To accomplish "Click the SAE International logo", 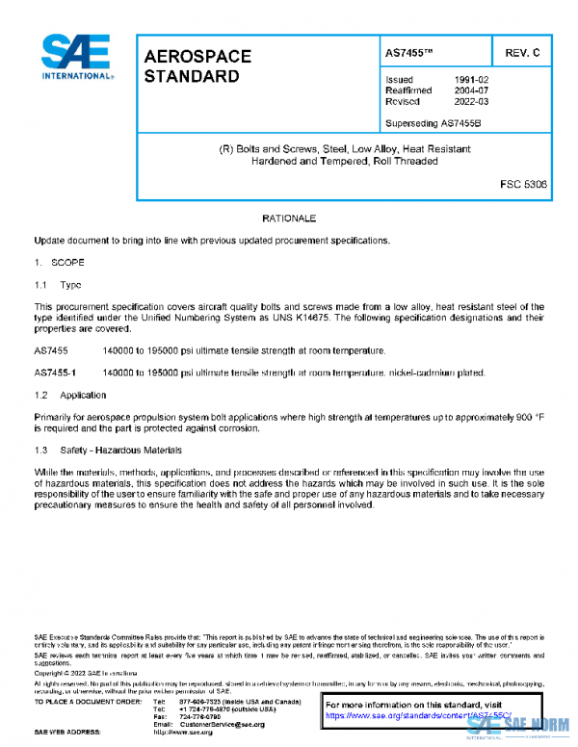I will tap(76, 57).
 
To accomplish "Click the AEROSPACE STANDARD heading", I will tap(197, 65).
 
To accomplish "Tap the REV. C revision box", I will tap(521, 52).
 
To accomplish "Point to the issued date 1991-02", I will tap(473, 79).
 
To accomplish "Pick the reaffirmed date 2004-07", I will tap(473, 90).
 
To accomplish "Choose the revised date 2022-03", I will tap(473, 100).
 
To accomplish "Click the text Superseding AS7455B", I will tap(433, 122).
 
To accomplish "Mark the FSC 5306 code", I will tap(522, 183).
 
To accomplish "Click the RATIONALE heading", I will tap(289, 219).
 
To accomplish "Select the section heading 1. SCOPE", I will tap(60, 262).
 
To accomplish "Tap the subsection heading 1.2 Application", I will tap(70, 396).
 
